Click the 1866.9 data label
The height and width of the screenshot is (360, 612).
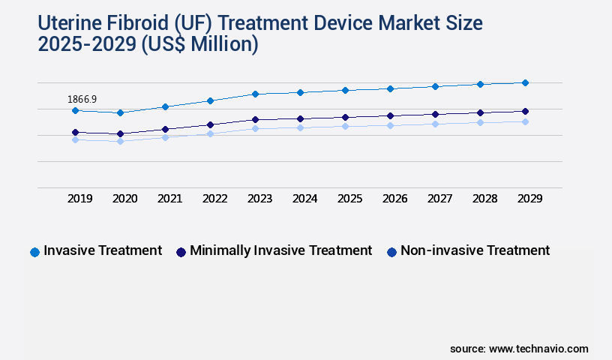click(82, 99)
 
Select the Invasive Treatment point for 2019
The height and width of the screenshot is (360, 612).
click(75, 110)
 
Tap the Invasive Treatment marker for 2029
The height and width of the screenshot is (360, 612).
click(525, 82)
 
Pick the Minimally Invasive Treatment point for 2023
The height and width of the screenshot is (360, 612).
click(255, 119)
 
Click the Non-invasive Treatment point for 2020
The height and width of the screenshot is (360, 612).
click(120, 141)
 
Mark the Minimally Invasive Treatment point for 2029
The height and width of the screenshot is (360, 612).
click(525, 111)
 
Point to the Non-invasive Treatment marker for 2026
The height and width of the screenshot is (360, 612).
click(390, 125)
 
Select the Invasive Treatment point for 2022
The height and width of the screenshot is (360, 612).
click(210, 100)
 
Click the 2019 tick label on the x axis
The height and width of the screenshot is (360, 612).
click(80, 199)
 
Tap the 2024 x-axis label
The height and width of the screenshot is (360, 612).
click(305, 199)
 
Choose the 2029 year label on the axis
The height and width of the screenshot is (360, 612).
click(529, 199)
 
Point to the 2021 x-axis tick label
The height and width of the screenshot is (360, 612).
click(170, 199)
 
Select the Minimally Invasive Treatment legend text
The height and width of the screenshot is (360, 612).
click(280, 250)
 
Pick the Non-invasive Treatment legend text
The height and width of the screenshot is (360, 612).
click(475, 250)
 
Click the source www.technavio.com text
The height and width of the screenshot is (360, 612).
click(519, 349)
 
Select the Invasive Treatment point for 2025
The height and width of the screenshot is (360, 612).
click(345, 90)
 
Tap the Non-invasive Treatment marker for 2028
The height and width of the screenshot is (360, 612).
click(480, 122)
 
